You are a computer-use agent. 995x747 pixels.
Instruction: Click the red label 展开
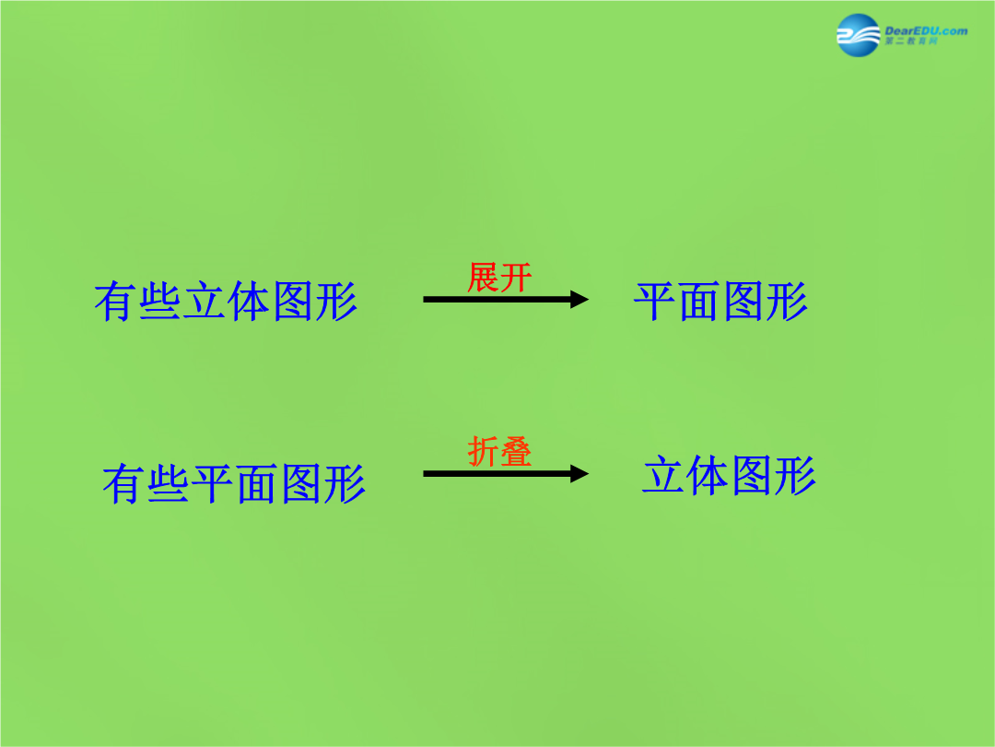(499, 278)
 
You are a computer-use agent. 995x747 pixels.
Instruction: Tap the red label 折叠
(499, 452)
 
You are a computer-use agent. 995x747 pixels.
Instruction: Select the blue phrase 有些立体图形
(226, 301)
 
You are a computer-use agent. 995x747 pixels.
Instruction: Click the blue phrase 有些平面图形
(234, 483)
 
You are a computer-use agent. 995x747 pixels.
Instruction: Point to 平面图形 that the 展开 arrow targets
(720, 301)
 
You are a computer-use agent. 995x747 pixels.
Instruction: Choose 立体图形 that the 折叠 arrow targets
(729, 475)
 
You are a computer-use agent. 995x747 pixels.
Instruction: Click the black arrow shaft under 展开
(497, 299)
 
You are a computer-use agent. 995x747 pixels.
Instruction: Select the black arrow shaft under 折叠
(497, 473)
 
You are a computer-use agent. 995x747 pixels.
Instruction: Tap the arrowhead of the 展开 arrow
(579, 299)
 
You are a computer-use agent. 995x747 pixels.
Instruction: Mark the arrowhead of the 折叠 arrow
(579, 473)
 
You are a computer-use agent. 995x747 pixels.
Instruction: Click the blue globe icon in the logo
(859, 35)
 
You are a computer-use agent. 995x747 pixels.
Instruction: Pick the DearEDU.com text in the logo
(926, 30)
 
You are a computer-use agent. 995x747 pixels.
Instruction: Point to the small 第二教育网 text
(910, 41)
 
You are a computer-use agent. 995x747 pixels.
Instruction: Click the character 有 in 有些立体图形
(115, 301)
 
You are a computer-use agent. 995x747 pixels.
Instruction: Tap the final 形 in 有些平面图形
(345, 483)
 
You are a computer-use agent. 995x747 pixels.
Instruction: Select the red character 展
(483, 278)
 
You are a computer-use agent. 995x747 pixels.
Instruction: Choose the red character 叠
(516, 452)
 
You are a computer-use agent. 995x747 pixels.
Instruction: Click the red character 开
(516, 278)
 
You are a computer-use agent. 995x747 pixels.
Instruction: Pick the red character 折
(483, 452)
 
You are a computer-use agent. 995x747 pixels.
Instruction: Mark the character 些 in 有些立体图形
(160, 301)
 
